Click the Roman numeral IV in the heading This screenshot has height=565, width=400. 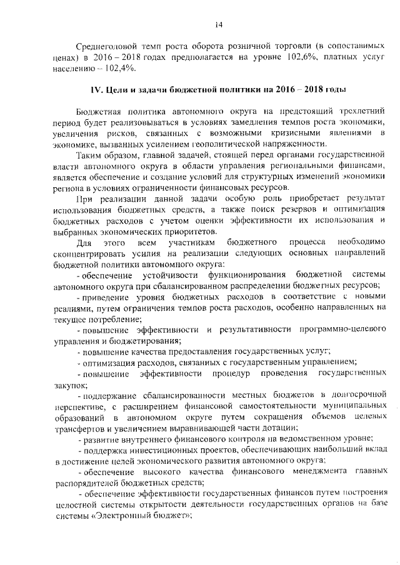97,90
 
